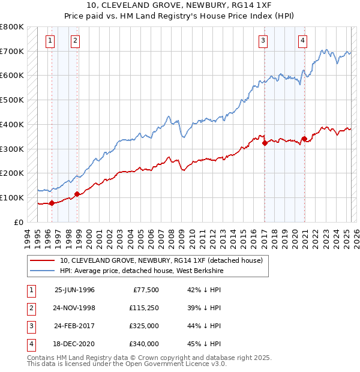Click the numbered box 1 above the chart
[49, 41]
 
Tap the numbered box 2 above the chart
[75, 41]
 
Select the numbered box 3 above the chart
[263, 41]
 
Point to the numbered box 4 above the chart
[302, 41]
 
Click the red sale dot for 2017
[265, 143]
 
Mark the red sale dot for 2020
[304, 139]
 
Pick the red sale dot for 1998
[77, 194]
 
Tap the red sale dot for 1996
[52, 203]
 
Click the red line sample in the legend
[43, 261]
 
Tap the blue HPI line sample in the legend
[43, 271]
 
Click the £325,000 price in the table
[145, 326]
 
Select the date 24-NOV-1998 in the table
[74, 308]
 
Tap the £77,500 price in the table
[145, 290]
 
